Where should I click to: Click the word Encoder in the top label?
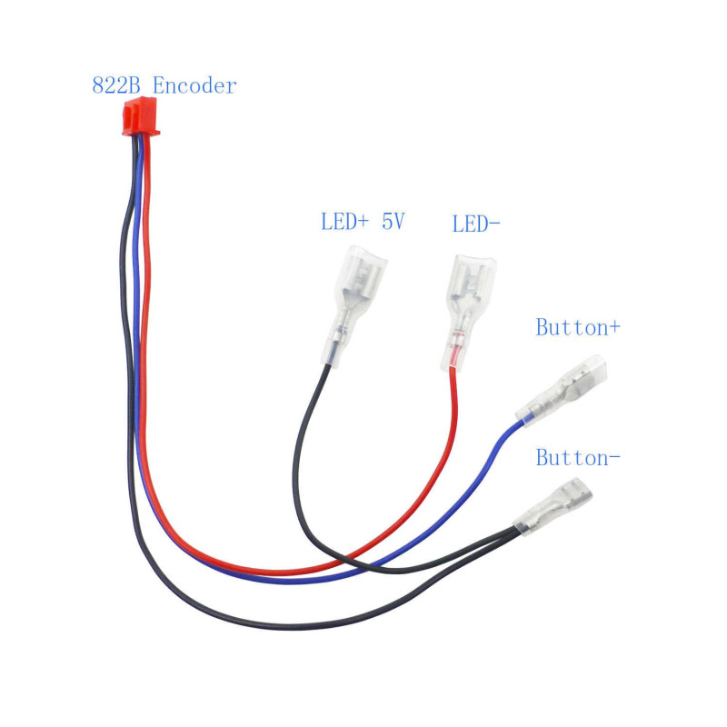tap(194, 85)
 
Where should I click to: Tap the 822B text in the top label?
tap(116, 85)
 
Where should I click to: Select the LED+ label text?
tap(344, 221)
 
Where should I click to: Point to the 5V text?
tap(393, 221)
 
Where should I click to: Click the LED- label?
tap(476, 224)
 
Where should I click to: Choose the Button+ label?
tap(578, 327)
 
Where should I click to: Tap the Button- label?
tap(578, 458)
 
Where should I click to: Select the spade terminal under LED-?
tap(468, 313)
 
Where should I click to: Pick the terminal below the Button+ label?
tap(561, 392)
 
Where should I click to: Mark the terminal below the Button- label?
tap(553, 506)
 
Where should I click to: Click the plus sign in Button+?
tap(615, 328)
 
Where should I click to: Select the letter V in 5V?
tap(400, 221)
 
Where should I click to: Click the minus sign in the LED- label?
tap(494, 224)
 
